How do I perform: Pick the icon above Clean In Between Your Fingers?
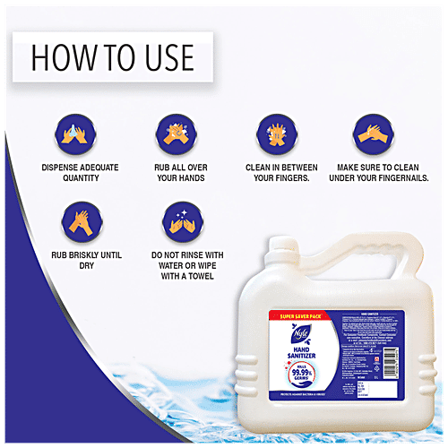click(x=273, y=131)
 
